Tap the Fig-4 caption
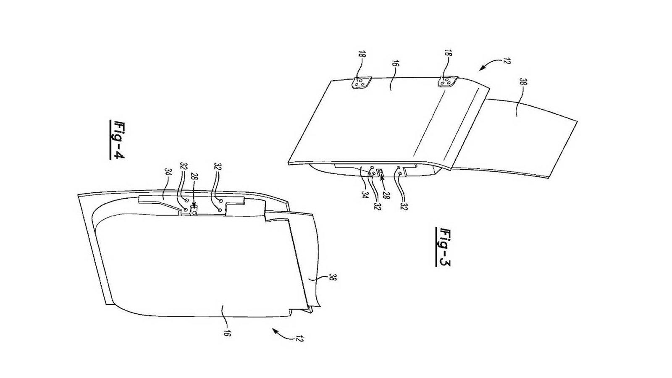[x=117, y=140]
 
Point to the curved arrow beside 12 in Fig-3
[x=488, y=63]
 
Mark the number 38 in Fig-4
[x=332, y=277]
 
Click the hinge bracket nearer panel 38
[x=447, y=81]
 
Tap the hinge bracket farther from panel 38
[x=362, y=83]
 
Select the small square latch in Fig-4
[x=194, y=211]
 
